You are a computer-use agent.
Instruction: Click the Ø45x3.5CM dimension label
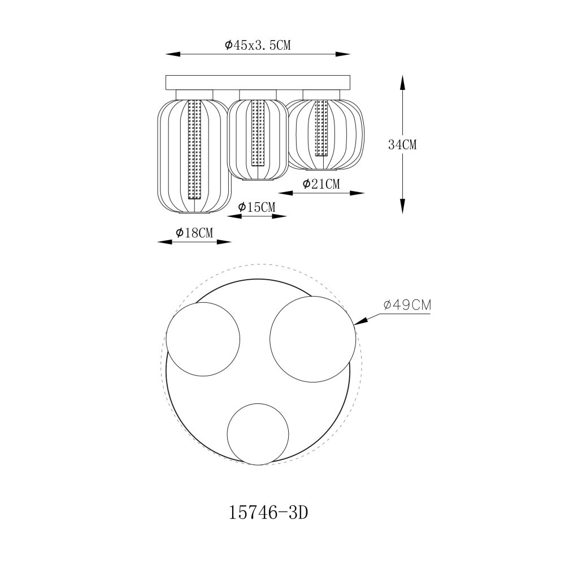point(258,45)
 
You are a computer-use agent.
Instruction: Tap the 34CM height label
point(402,145)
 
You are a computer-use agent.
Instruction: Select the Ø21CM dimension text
point(321,184)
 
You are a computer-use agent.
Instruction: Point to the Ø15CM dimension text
point(257,207)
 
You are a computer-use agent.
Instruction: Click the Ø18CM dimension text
point(194,233)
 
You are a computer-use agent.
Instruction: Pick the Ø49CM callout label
point(407,305)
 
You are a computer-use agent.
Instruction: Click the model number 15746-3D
point(268,513)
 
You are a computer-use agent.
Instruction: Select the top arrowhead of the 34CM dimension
point(402,82)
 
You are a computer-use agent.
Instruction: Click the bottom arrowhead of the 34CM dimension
point(402,206)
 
